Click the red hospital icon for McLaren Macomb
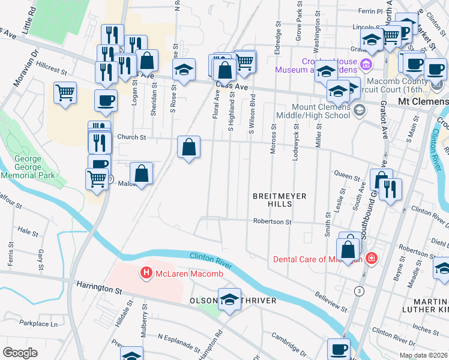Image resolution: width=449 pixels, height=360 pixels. (145, 274)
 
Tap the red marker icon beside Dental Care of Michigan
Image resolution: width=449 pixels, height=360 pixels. (372, 259)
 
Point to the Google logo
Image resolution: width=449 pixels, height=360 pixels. (20, 352)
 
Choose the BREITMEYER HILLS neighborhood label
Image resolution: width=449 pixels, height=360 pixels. (280, 200)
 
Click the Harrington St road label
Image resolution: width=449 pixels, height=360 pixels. (99, 288)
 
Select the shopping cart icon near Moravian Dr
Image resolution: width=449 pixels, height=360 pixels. (65, 93)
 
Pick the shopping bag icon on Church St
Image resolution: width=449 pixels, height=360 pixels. (188, 147)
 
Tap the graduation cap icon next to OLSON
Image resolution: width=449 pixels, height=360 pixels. (229, 299)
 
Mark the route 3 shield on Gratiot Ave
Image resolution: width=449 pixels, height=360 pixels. (359, 291)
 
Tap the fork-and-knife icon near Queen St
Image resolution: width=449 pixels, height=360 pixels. (391, 189)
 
